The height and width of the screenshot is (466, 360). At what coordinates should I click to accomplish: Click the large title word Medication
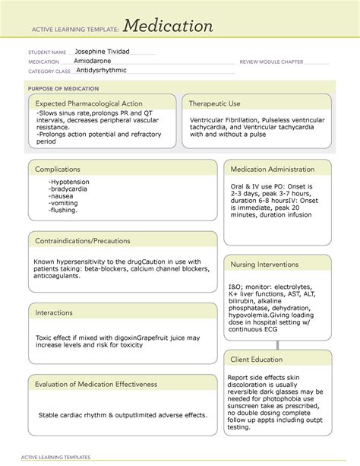(169, 27)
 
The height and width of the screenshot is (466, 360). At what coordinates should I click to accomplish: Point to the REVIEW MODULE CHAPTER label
(271, 61)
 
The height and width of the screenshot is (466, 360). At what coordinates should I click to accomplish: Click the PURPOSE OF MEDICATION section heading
(62, 88)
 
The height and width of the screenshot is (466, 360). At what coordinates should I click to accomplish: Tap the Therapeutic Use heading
(215, 103)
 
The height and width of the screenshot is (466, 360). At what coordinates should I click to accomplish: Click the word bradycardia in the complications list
(70, 189)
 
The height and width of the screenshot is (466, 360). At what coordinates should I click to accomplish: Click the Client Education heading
(257, 359)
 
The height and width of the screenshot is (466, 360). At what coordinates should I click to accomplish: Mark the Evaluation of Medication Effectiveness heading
(96, 384)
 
